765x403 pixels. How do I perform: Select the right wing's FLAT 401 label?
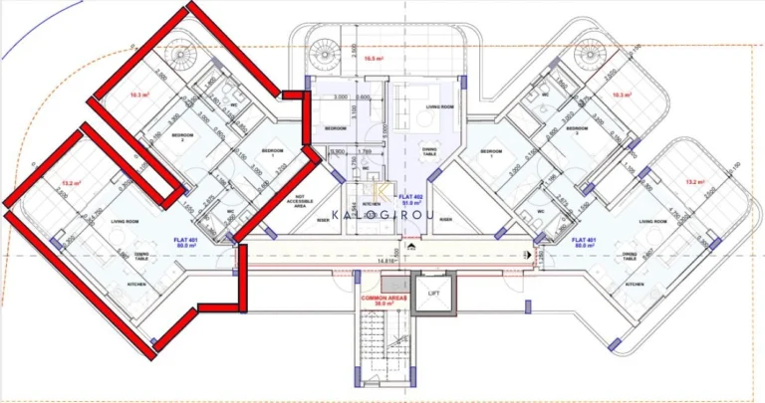pyautogui.click(x=586, y=240)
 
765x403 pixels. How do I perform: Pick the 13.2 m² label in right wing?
pyautogui.click(x=694, y=182)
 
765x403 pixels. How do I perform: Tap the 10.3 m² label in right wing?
pyautogui.click(x=623, y=95)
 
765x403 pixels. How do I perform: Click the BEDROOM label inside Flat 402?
pyautogui.click(x=337, y=128)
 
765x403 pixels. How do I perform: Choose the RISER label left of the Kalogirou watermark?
pyautogui.click(x=323, y=219)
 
